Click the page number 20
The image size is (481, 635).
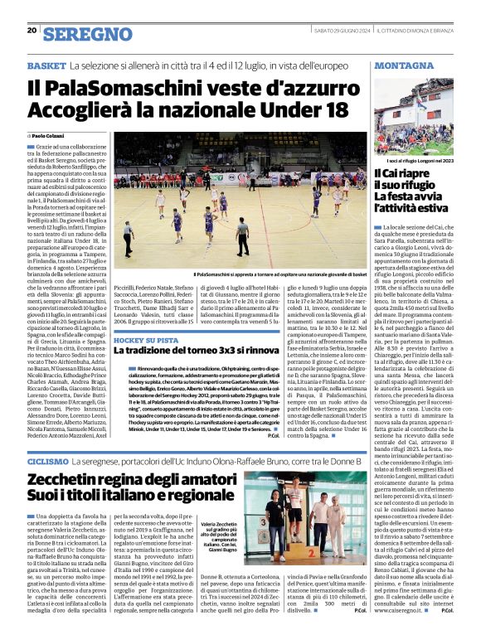32,31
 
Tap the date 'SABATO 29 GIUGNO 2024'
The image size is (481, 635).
333,31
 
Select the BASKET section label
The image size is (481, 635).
46,65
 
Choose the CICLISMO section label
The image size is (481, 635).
47,459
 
